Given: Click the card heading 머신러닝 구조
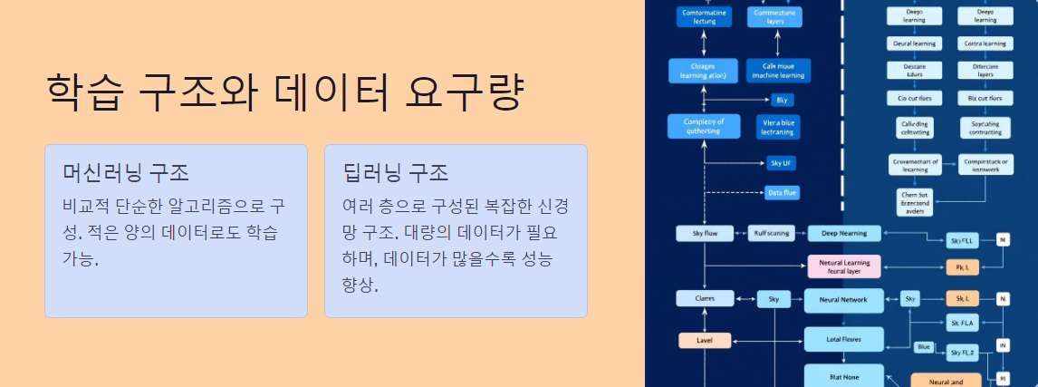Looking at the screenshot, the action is (x=126, y=172).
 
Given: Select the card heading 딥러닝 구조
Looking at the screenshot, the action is (x=397, y=172).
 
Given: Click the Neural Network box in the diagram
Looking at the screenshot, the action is (x=842, y=299).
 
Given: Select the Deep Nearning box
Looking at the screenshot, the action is (x=843, y=234).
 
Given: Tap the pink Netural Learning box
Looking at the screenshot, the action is (x=843, y=266).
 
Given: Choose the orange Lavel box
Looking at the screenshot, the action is (x=704, y=341).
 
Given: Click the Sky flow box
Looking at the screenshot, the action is (x=704, y=234).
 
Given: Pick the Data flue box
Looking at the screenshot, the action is (x=781, y=193).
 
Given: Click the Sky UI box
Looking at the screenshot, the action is (x=781, y=163).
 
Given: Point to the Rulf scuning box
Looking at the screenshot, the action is (x=771, y=234).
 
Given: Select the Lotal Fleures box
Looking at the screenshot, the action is (x=843, y=340).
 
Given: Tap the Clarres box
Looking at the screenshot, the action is (x=704, y=298).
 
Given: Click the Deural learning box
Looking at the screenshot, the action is (x=914, y=44).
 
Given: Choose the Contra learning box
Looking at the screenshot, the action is (x=985, y=44).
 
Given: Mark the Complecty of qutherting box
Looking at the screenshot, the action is (x=704, y=126).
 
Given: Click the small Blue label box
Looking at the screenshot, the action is (x=923, y=347).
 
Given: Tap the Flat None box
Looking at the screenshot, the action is (x=843, y=375).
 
